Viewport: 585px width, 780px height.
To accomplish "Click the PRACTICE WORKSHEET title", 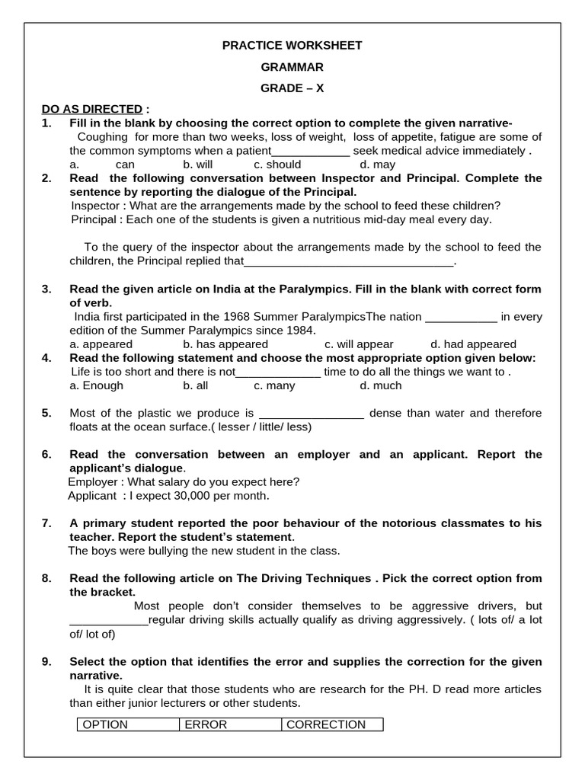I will [292, 46].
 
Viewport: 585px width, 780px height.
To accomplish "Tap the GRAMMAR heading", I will [292, 67].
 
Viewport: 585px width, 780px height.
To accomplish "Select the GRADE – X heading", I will [292, 88].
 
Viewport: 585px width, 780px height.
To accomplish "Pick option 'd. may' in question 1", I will [378, 165].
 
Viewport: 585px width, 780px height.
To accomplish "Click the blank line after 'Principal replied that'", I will [348, 261].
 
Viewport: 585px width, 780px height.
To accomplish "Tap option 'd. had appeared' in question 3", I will [473, 344].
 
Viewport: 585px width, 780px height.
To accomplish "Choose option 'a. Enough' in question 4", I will [96, 385].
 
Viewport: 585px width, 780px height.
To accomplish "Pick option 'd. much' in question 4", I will [381, 385].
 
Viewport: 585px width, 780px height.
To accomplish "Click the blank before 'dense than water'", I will [312, 414].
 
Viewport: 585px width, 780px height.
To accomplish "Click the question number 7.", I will [47, 523].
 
